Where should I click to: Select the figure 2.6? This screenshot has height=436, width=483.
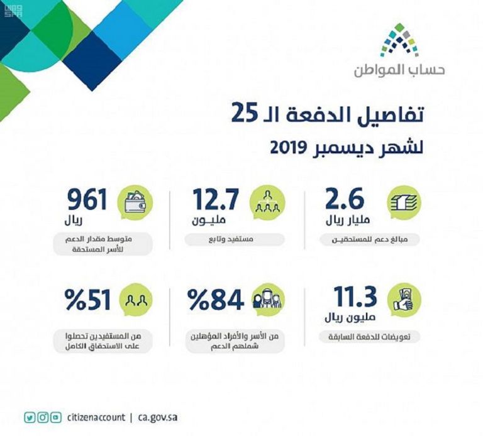coord(345,200)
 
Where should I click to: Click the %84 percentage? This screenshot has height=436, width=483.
coord(218,300)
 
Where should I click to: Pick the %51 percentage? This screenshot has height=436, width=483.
coord(89,300)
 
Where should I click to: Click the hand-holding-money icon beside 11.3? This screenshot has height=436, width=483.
coord(404,298)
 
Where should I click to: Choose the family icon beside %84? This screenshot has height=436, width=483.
coord(268,299)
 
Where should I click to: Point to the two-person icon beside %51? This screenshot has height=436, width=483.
coord(136,299)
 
